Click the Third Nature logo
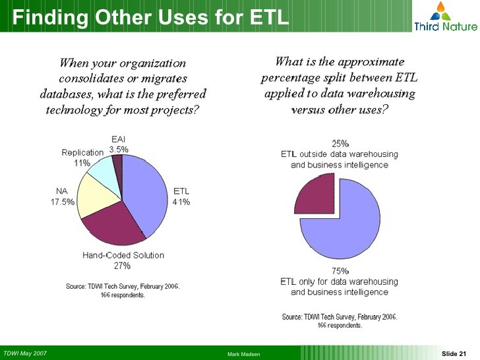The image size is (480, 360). [x=446, y=16]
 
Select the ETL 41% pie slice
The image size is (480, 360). [x=144, y=193]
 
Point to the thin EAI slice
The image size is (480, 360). [x=118, y=165]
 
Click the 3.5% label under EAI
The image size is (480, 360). [x=119, y=150]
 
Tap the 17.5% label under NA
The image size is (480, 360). [x=63, y=202]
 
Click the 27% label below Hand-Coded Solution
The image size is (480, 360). [x=122, y=266]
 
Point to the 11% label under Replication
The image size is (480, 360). [x=82, y=163]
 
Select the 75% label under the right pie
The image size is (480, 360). [x=340, y=271]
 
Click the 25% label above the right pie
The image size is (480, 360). [x=340, y=143]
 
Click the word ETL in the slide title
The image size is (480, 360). [x=270, y=16]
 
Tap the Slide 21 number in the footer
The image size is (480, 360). [x=454, y=353]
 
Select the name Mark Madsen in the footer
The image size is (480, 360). [x=244, y=354]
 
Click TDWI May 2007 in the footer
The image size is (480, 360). [x=25, y=353]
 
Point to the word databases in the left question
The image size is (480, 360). [x=67, y=94]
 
